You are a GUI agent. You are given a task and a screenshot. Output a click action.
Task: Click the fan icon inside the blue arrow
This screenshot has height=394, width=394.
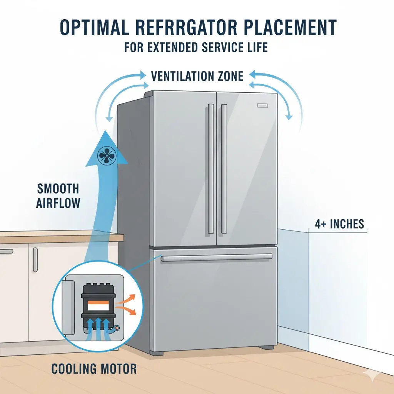click(107, 155)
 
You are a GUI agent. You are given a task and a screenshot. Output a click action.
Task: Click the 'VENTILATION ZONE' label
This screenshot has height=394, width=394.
click(197, 76)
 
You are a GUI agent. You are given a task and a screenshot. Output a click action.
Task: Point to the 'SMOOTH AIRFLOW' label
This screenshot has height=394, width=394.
click(58, 196)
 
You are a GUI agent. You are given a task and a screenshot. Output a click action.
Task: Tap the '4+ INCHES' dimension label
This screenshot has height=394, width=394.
click(339, 224)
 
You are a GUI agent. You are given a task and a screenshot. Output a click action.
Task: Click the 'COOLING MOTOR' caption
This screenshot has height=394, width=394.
click(94, 369)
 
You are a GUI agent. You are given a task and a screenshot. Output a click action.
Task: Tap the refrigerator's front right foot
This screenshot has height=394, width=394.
click(266, 347)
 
